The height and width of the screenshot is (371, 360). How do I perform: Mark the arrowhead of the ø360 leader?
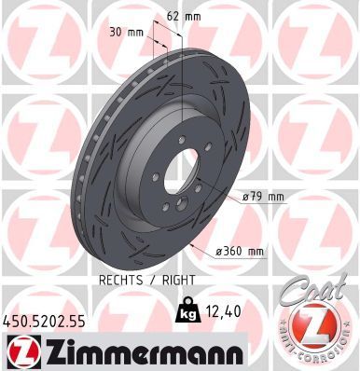[191, 244]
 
